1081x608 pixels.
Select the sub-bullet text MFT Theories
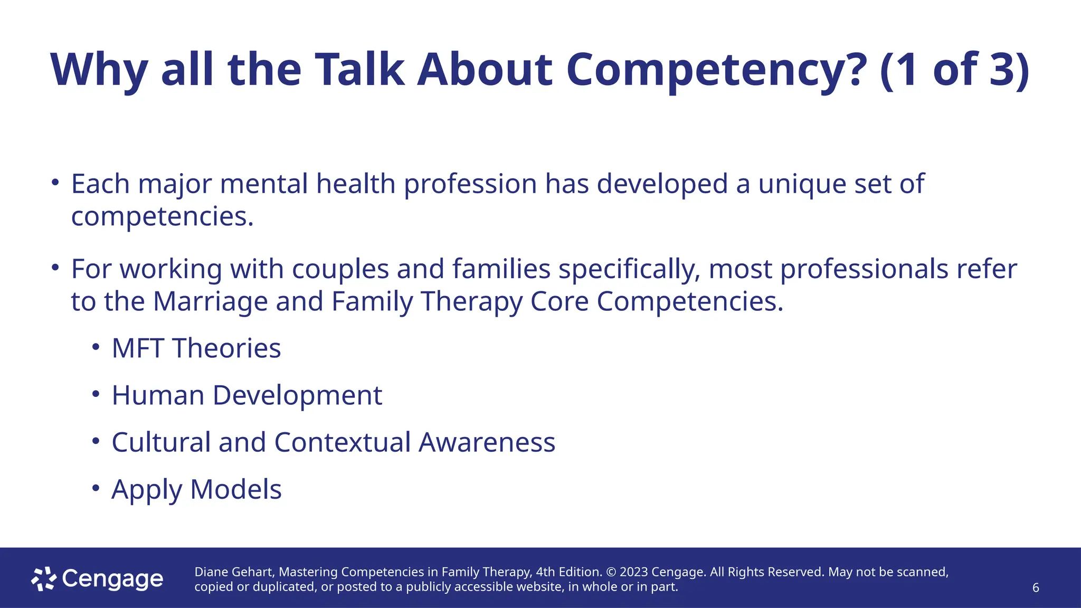tap(196, 348)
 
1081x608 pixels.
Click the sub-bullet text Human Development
tap(246, 395)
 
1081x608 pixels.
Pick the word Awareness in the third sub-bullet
tap(487, 442)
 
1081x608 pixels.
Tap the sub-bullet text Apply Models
tap(196, 489)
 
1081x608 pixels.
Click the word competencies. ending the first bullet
tap(162, 216)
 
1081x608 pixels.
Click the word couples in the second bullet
tap(340, 269)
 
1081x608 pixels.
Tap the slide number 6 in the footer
tap(1036, 588)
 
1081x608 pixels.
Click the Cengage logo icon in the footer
tap(44, 579)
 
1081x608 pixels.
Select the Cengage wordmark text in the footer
tap(112, 579)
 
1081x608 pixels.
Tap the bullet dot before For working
tap(55, 268)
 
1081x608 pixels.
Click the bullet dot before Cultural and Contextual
tap(96, 441)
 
